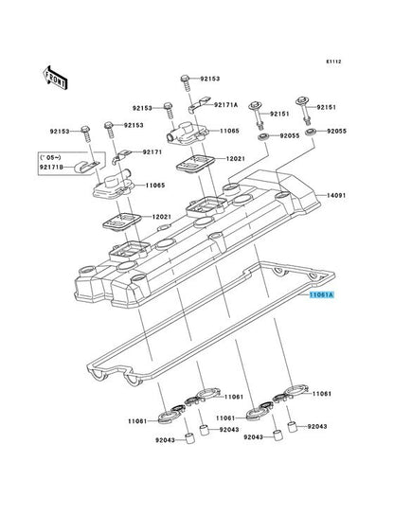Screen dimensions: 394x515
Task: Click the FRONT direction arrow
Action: coord(55,78)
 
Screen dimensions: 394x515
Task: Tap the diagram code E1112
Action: coord(333,62)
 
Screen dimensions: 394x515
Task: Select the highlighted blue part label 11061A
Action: coord(321,295)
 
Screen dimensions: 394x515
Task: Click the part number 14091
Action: coord(336,195)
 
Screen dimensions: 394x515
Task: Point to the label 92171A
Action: coord(225,105)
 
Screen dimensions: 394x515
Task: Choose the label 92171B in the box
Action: coord(51,168)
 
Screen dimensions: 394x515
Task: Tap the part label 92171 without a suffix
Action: coord(152,152)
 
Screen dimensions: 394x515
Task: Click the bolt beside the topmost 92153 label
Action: coord(186,83)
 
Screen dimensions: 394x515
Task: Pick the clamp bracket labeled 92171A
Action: coord(199,104)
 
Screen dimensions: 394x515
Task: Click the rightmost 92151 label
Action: coord(327,107)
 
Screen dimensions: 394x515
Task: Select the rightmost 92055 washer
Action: coord(311,133)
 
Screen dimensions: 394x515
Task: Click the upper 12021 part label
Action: coord(235,158)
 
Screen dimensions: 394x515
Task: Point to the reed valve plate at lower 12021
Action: coord(121,222)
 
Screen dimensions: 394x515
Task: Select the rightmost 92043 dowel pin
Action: coord(293,427)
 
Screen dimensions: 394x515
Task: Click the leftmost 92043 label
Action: coord(166,440)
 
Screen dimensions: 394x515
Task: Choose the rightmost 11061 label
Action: coord(322,394)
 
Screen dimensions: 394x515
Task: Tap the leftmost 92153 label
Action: coord(60,132)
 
